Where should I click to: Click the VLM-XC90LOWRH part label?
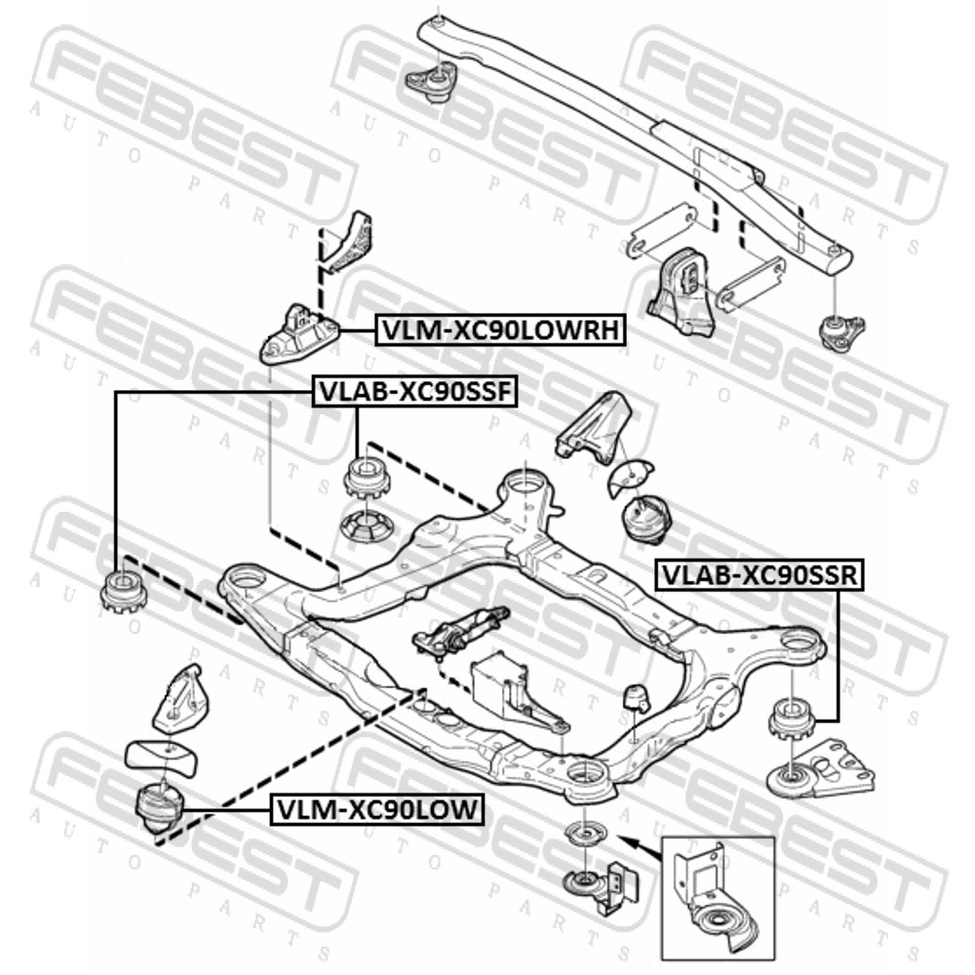click(x=500, y=331)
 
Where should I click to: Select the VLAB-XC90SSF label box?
click(x=414, y=392)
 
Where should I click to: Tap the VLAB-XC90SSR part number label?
click(x=760, y=574)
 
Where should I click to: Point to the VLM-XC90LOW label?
click(x=377, y=809)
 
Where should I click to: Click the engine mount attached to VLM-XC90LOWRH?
click(x=299, y=333)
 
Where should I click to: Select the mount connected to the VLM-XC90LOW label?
click(x=159, y=807)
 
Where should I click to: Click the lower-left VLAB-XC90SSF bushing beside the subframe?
click(x=122, y=592)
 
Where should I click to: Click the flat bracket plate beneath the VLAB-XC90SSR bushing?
click(x=821, y=770)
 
